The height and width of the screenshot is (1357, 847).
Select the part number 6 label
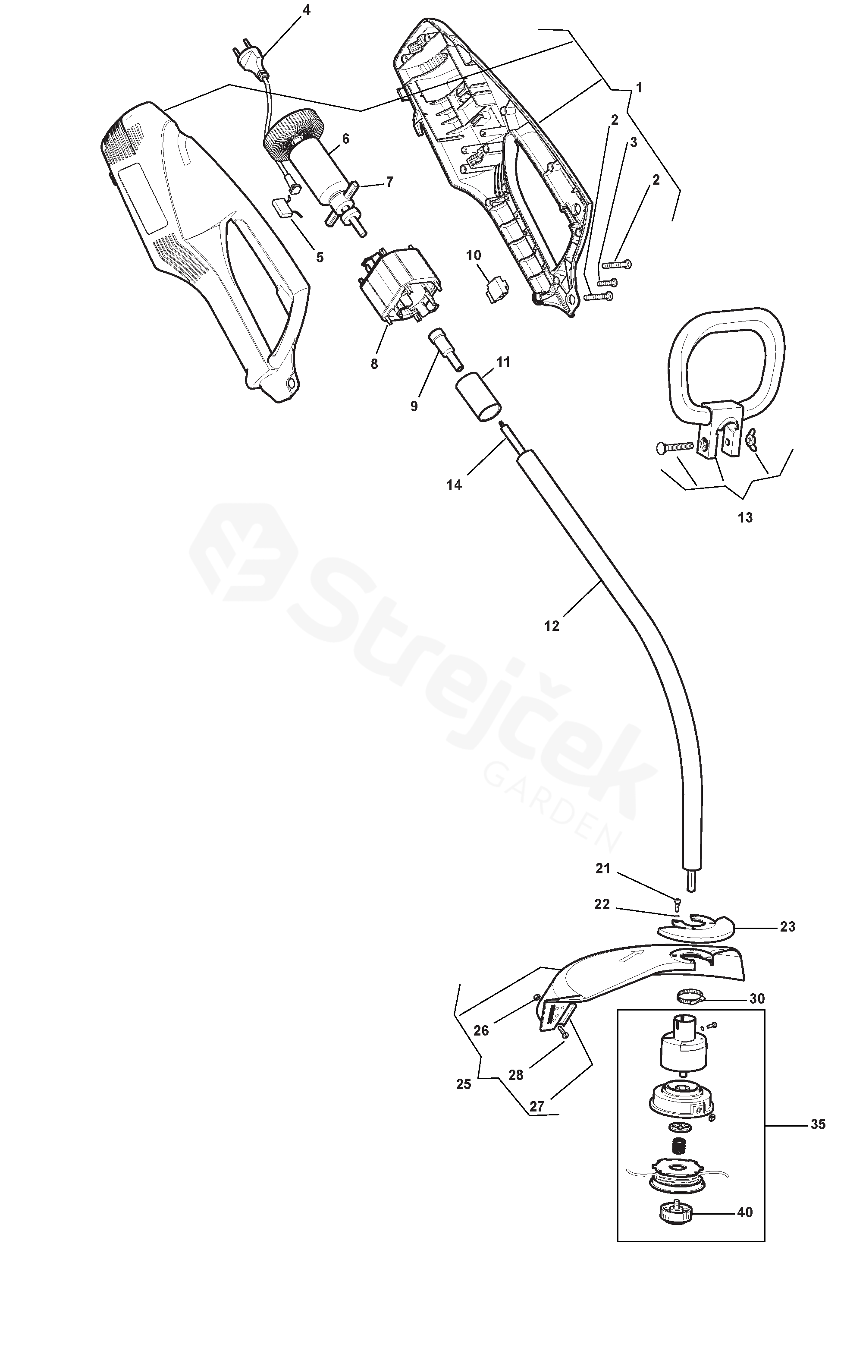345,139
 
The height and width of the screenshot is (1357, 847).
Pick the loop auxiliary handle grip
728,359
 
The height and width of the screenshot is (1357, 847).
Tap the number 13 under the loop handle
745,518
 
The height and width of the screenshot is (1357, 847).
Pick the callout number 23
787,927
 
